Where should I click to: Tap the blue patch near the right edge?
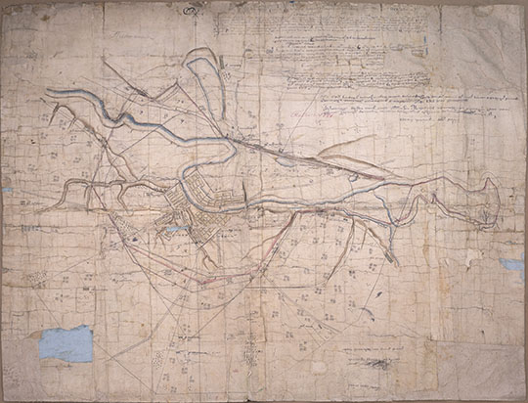511,264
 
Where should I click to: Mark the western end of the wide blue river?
51,94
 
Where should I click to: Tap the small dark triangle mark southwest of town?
126,236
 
